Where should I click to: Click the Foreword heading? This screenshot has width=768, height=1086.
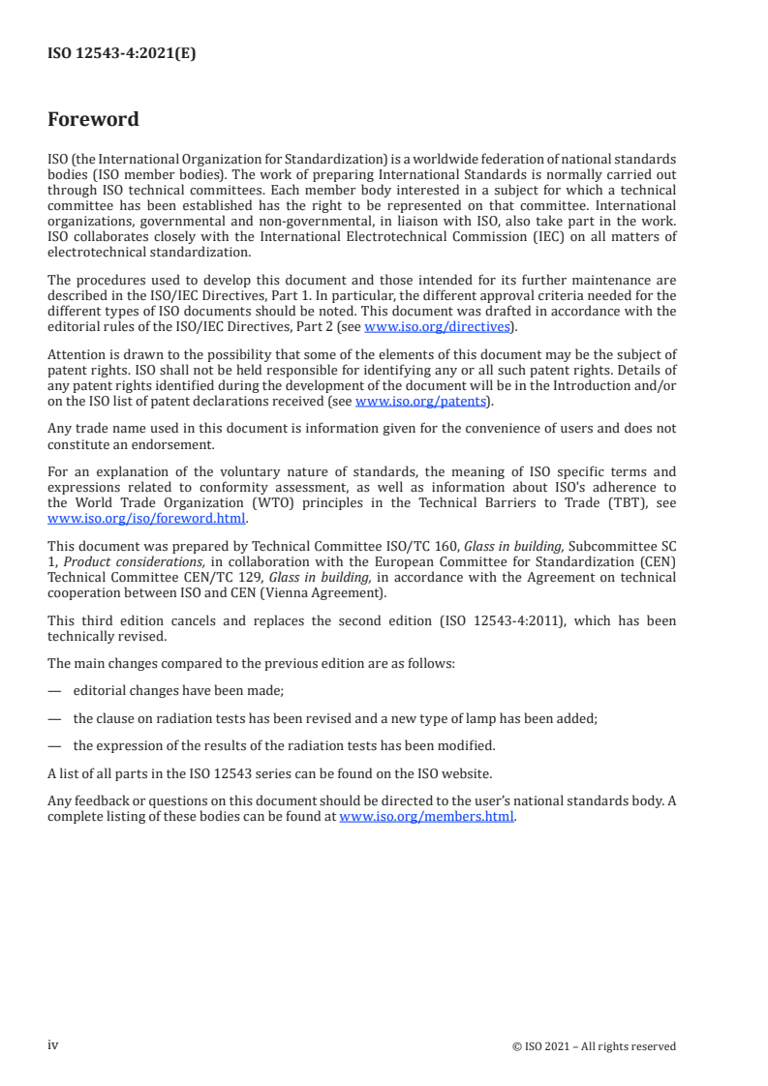tap(93, 120)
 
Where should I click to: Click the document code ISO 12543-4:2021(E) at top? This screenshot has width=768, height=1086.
tap(122, 54)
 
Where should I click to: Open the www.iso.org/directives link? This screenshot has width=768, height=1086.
tap(437, 327)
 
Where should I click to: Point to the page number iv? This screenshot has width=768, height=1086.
tap(53, 1045)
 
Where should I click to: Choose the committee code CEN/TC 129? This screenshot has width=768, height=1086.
tap(225, 577)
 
